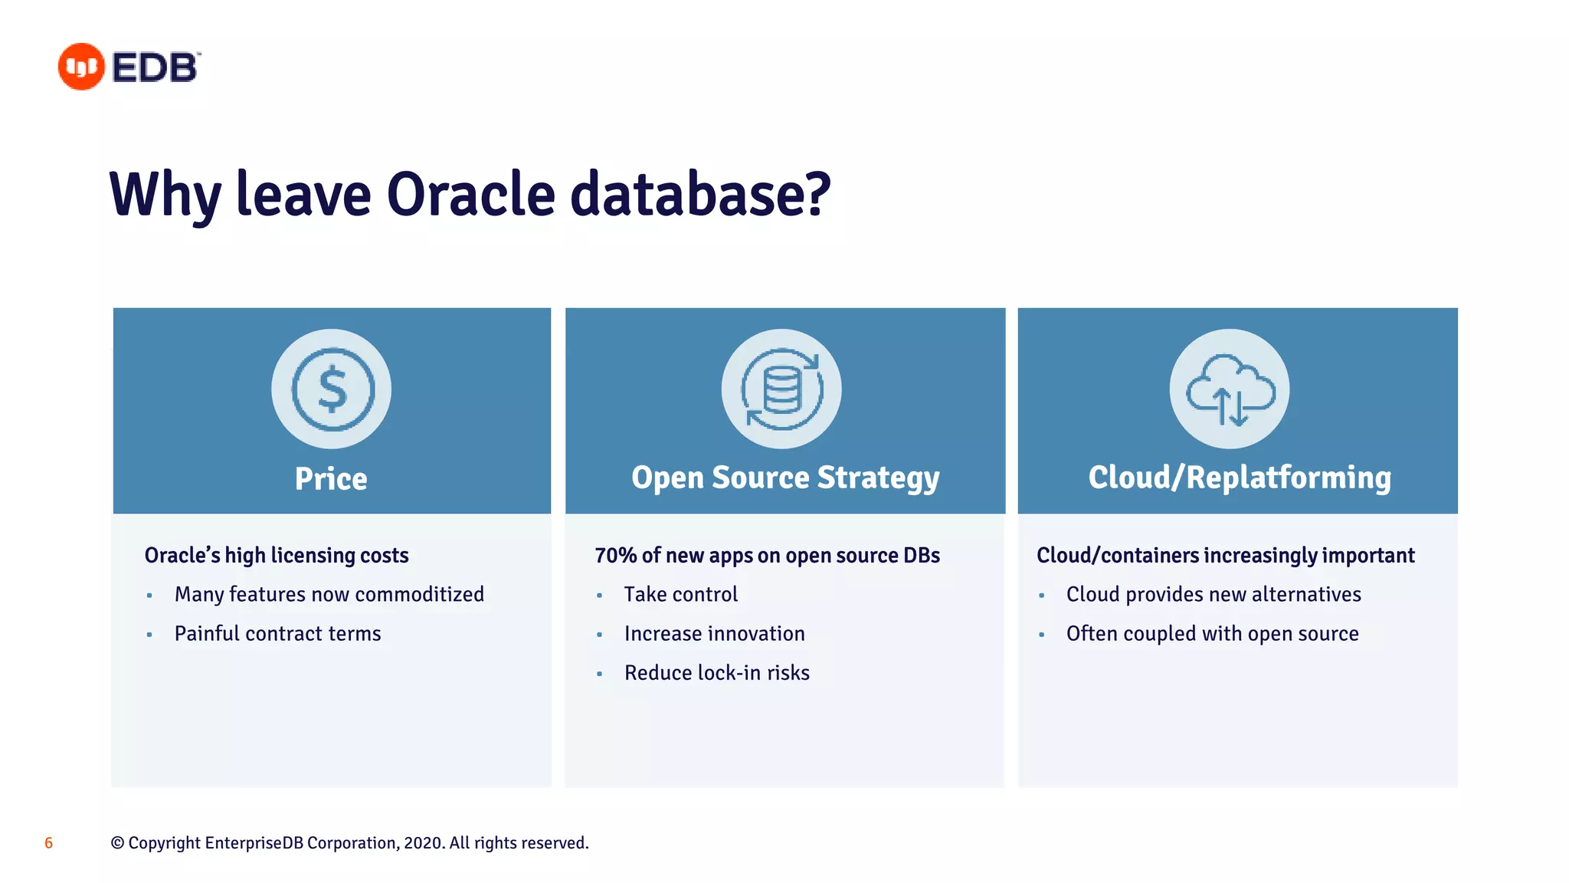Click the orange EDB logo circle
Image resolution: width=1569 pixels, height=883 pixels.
click(x=81, y=67)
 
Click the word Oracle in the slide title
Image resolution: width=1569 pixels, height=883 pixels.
click(x=470, y=194)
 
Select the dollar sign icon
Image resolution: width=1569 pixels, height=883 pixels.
click(x=332, y=389)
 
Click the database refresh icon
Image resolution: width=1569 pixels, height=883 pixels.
click(x=781, y=389)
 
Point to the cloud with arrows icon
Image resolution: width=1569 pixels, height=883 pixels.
click(x=1230, y=389)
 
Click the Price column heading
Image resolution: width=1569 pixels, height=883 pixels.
click(x=331, y=479)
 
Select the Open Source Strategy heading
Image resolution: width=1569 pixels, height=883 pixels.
click(x=785, y=478)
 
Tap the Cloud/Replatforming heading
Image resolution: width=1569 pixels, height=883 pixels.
click(x=1239, y=478)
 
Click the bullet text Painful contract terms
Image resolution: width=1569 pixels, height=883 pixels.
click(x=277, y=633)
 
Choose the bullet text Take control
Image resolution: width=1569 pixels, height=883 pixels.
click(x=680, y=594)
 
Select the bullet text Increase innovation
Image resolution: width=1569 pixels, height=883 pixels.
click(x=714, y=633)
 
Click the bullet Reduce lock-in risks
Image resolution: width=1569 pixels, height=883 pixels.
click(x=716, y=672)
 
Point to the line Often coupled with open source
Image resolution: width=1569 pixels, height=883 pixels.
click(x=1212, y=633)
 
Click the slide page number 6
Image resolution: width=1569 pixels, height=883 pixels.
click(x=48, y=843)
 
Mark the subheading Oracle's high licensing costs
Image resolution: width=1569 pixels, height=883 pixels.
click(x=277, y=555)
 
